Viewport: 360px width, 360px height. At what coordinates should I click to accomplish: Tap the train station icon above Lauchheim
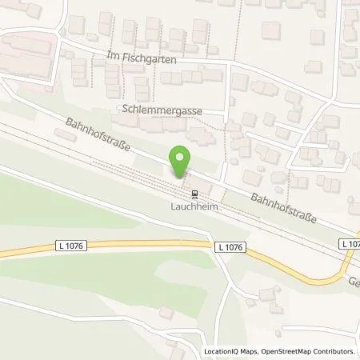click(193, 193)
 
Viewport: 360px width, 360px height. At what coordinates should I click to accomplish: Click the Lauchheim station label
click(193, 205)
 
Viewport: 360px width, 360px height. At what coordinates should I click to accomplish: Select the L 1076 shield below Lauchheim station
click(230, 248)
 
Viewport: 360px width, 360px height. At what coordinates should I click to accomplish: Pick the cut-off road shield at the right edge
click(350, 243)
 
